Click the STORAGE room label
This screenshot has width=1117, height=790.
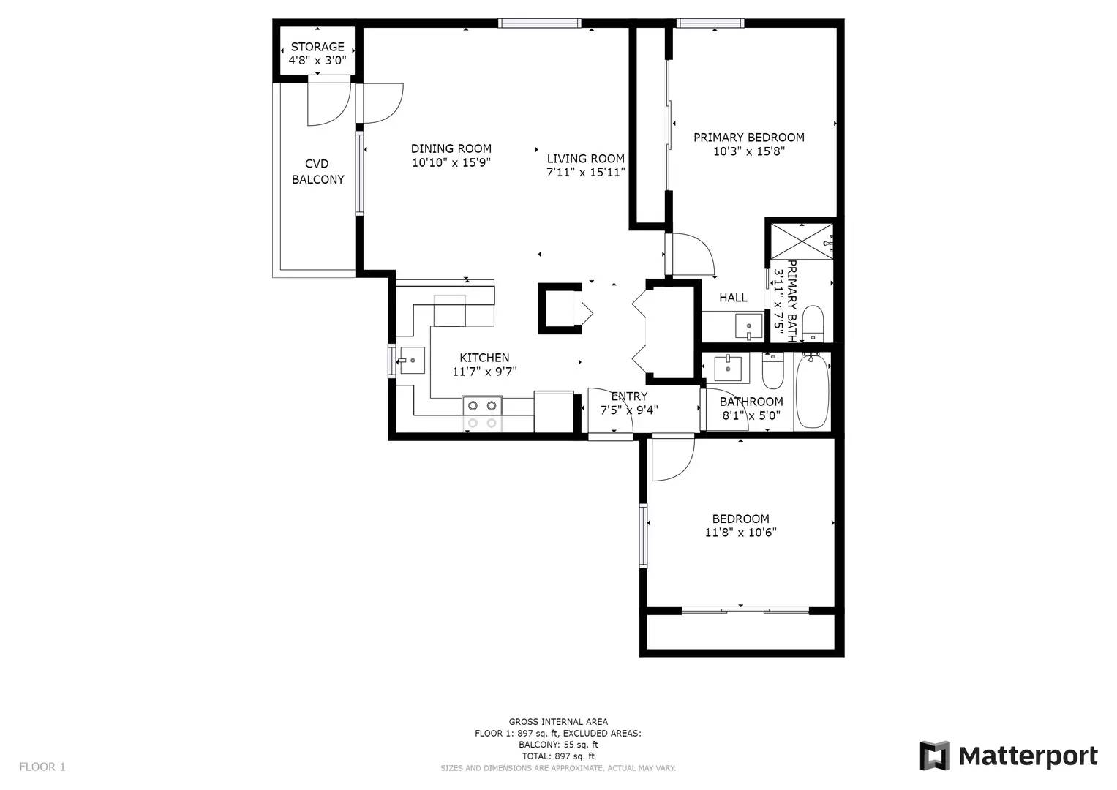(317, 47)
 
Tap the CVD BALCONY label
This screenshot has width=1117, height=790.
(317, 171)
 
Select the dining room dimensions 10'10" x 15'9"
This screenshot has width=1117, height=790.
(451, 163)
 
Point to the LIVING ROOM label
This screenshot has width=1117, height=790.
(585, 159)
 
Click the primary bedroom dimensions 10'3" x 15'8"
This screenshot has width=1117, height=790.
(748, 152)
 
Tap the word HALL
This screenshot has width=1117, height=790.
(733, 298)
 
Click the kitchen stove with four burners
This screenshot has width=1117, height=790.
(483, 413)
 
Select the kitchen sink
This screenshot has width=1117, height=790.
(413, 360)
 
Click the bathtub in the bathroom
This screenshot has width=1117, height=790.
(812, 391)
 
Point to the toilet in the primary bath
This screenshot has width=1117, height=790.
(813, 323)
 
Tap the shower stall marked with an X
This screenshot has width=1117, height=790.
(802, 239)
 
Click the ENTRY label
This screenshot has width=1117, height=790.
(629, 396)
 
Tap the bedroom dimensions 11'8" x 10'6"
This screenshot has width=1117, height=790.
(740, 533)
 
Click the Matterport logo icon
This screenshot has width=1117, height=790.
(934, 756)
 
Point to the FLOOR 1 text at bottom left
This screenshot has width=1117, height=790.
(42, 767)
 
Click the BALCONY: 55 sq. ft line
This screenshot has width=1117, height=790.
(558, 745)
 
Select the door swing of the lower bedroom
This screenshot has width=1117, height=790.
(672, 459)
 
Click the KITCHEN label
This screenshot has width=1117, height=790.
(484, 358)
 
